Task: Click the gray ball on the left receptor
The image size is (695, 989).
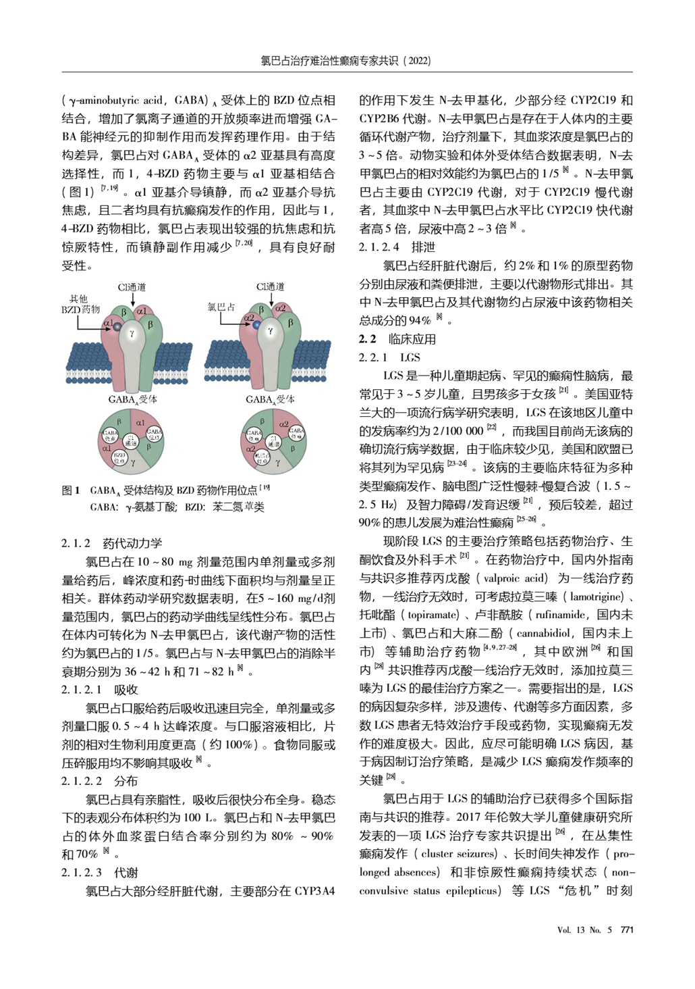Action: [116, 327]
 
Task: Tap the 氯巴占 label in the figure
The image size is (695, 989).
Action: [221, 307]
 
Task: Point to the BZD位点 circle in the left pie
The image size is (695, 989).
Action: [119, 458]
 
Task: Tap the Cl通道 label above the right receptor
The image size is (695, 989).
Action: [271, 287]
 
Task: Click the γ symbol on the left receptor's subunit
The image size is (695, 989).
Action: [132, 333]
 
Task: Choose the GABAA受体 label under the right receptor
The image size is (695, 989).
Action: [270, 399]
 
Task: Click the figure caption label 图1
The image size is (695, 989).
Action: [71, 490]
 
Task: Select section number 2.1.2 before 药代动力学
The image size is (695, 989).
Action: [76, 543]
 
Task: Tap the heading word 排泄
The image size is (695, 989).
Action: [423, 247]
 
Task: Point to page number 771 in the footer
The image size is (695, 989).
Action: [627, 930]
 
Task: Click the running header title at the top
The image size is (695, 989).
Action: [346, 61]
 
